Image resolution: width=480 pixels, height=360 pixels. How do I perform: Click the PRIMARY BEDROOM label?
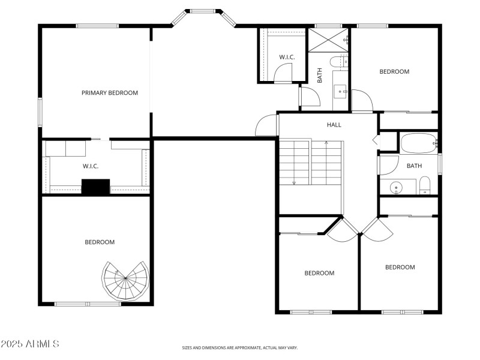pyautogui.click(x=110, y=93)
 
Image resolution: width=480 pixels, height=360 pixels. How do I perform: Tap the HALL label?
pyautogui.click(x=334, y=125)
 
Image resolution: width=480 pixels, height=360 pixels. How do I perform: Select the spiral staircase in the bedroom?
pyautogui.click(x=125, y=280)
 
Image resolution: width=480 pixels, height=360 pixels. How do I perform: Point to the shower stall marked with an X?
pyautogui.click(x=328, y=40)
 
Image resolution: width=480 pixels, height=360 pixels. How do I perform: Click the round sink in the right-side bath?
pyautogui.click(x=396, y=188)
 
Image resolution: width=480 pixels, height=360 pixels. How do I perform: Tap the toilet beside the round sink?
pyautogui.click(x=424, y=185)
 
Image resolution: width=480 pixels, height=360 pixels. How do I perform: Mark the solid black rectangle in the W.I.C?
pyautogui.click(x=95, y=187)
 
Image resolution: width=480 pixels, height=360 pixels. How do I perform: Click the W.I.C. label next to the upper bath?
pyautogui.click(x=286, y=57)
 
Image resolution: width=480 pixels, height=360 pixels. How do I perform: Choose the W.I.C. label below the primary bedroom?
pyautogui.click(x=91, y=166)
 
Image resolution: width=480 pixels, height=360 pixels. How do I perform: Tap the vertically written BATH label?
pyautogui.click(x=320, y=76)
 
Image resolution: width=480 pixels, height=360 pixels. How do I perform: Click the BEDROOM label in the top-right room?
pyautogui.click(x=394, y=71)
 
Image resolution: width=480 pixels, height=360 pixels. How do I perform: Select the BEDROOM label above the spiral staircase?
pyautogui.click(x=99, y=242)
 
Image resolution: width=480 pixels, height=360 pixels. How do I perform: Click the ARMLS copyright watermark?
pyautogui.click(x=30, y=344)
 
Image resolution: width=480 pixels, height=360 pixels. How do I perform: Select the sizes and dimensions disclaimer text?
pyautogui.click(x=240, y=347)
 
